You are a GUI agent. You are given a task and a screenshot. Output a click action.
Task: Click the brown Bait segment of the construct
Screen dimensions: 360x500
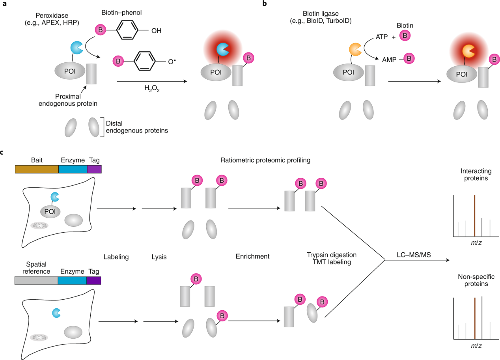[37, 169]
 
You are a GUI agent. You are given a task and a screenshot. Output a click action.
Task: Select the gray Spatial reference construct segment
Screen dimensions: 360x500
[36, 280]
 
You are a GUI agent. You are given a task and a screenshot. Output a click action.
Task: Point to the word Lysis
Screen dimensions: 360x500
[159, 257]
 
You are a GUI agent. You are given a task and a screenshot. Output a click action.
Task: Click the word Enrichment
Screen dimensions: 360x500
[252, 256]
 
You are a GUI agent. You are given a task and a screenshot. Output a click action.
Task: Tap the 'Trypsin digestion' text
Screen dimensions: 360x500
[329, 254]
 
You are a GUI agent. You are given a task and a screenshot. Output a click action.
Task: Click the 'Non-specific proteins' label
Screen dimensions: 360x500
[475, 280]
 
